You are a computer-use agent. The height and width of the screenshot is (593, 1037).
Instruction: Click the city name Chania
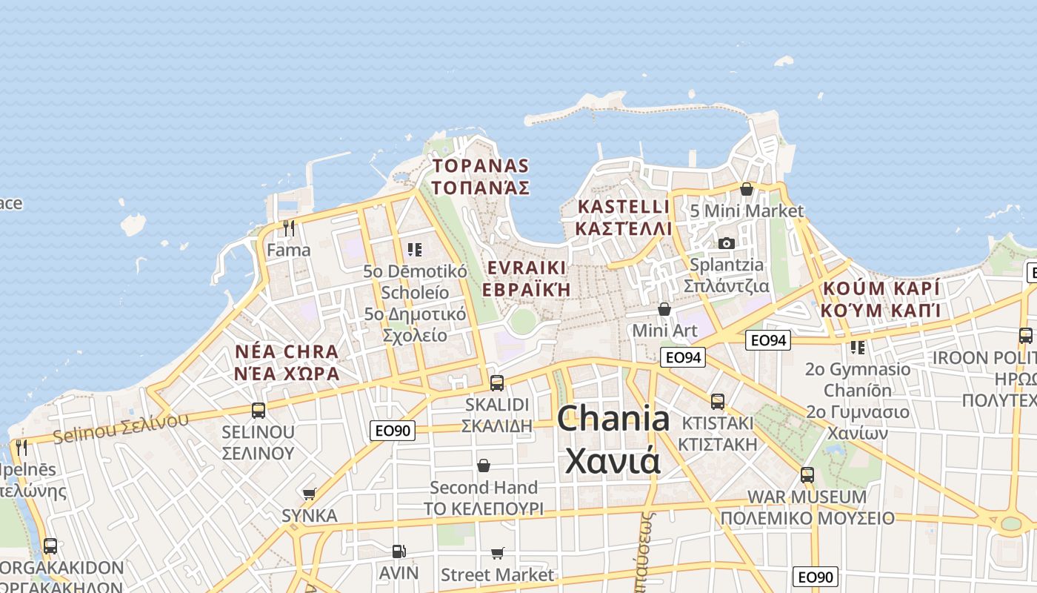pos(613,419)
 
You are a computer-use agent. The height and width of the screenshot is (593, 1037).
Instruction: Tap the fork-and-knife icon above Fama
pos(289,228)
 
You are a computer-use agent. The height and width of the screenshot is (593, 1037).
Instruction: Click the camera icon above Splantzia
pos(727,243)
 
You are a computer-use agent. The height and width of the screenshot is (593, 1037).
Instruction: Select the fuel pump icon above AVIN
pos(399,551)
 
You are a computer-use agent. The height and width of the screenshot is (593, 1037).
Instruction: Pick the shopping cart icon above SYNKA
pos(309,494)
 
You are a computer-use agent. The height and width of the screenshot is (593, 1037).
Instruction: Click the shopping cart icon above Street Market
pos(497,553)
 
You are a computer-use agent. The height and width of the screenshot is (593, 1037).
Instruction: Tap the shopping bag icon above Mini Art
pos(664,308)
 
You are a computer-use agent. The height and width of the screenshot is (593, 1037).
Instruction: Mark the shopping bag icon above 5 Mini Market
pos(747,189)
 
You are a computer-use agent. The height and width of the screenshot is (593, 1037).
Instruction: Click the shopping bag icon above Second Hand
pos(484,466)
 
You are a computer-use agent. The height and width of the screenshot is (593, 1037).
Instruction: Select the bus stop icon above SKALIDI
pos(497,382)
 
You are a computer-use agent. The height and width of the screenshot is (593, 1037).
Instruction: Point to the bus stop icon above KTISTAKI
pos(717,401)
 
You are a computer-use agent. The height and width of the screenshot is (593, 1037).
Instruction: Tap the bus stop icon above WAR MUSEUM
pos(807,474)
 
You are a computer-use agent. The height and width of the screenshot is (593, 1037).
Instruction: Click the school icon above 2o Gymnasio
pos(858,347)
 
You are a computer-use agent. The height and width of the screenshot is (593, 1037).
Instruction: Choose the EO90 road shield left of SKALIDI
pos(393,430)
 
